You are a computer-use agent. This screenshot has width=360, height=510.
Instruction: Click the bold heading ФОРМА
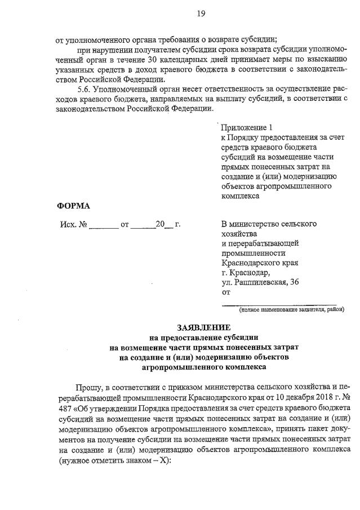[74, 206]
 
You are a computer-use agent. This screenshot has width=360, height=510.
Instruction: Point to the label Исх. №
[73, 224]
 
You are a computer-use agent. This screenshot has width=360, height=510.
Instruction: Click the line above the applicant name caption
[279, 304]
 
